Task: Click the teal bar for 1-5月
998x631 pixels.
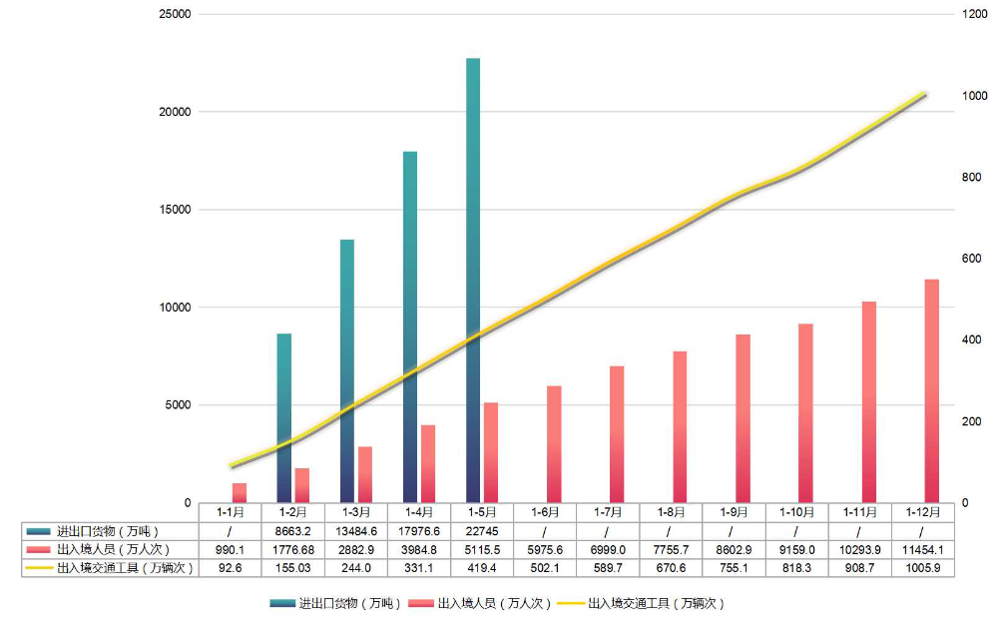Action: coord(472,280)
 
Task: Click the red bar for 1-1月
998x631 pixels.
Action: coord(240,493)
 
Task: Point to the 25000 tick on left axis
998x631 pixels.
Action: coord(176,15)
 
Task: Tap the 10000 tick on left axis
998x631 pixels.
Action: coord(176,308)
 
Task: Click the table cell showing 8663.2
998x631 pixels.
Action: coord(292,531)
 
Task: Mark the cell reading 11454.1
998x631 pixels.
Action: coord(921,549)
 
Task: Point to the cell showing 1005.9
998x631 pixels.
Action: coord(921,567)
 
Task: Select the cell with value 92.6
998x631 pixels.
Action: coord(230,567)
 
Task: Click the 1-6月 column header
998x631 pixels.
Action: coord(544,511)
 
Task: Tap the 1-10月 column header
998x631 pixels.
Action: coord(795,511)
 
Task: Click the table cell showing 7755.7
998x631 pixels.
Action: coord(670,549)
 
